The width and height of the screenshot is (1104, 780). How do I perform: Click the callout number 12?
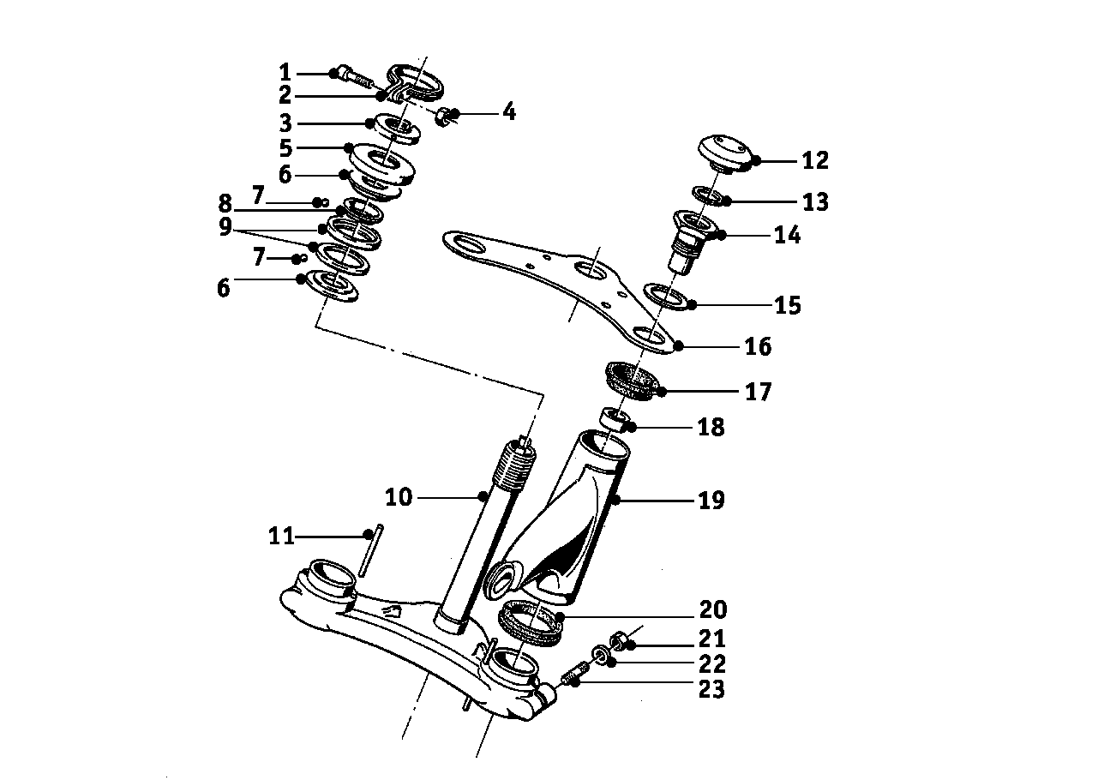tap(816, 160)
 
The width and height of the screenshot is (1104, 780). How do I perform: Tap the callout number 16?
tap(758, 346)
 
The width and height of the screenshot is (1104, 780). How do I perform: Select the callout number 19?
tap(711, 500)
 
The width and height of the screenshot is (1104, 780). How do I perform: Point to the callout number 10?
tap(399, 497)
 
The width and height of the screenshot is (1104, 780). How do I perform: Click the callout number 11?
tap(281, 536)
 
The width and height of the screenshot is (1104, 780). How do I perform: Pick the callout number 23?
tap(711, 689)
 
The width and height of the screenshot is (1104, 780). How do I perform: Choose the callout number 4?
tap(509, 111)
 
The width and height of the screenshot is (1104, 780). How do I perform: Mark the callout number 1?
tap(285, 72)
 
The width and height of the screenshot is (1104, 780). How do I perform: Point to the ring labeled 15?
tap(666, 297)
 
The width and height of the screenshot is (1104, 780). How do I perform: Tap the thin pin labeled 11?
tap(370, 550)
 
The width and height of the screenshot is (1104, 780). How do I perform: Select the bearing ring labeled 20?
tap(531, 621)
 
